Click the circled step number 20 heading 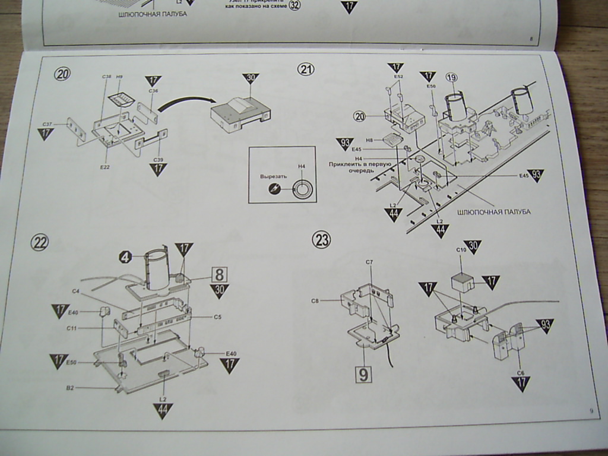62,74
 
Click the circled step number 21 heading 305,69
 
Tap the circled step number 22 40,242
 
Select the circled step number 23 322,240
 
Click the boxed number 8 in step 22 219,274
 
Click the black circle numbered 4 125,256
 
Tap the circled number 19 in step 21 451,78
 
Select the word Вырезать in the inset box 273,177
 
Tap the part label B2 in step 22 70,387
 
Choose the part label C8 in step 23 315,301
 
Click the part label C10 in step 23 461,250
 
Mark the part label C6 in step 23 520,372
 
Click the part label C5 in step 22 217,317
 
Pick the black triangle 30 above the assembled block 251,80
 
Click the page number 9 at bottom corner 591,410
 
